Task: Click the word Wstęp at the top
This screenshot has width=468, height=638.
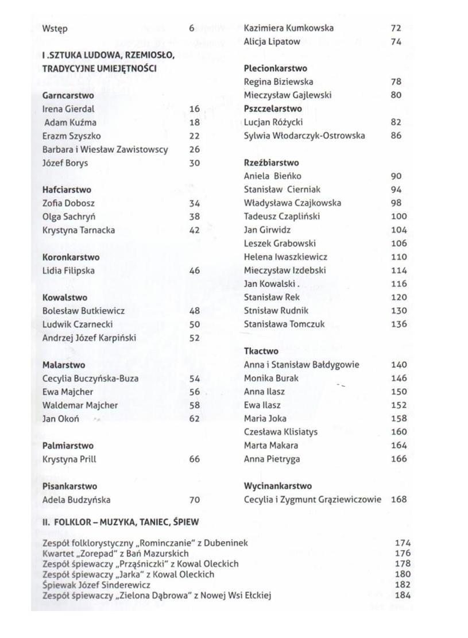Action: tap(55, 28)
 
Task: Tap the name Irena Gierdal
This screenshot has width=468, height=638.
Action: tap(68, 109)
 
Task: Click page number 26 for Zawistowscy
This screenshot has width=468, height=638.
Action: tap(195, 149)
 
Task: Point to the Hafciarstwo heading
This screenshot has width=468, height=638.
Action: tap(67, 190)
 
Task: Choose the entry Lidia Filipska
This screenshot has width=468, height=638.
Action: tap(68, 270)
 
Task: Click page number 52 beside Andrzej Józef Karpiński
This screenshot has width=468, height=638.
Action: tap(195, 338)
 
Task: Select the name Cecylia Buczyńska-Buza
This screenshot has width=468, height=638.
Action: tap(90, 378)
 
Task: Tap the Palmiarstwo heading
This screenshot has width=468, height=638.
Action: tap(68, 446)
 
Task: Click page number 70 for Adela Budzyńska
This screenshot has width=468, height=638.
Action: tap(195, 500)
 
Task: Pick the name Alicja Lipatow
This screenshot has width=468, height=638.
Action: tap(272, 41)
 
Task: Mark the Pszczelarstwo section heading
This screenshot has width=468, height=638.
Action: tap(273, 109)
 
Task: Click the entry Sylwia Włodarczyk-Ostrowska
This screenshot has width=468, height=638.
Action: tap(304, 136)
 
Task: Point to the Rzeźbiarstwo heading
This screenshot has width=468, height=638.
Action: tap(271, 163)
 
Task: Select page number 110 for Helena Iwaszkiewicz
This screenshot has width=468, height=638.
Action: tap(399, 257)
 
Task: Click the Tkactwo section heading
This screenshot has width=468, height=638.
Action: tap(261, 351)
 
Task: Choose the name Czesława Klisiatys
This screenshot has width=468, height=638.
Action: tap(280, 432)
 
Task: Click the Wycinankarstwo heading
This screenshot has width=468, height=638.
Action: tap(277, 486)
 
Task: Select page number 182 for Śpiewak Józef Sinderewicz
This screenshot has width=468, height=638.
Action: tap(403, 585)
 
